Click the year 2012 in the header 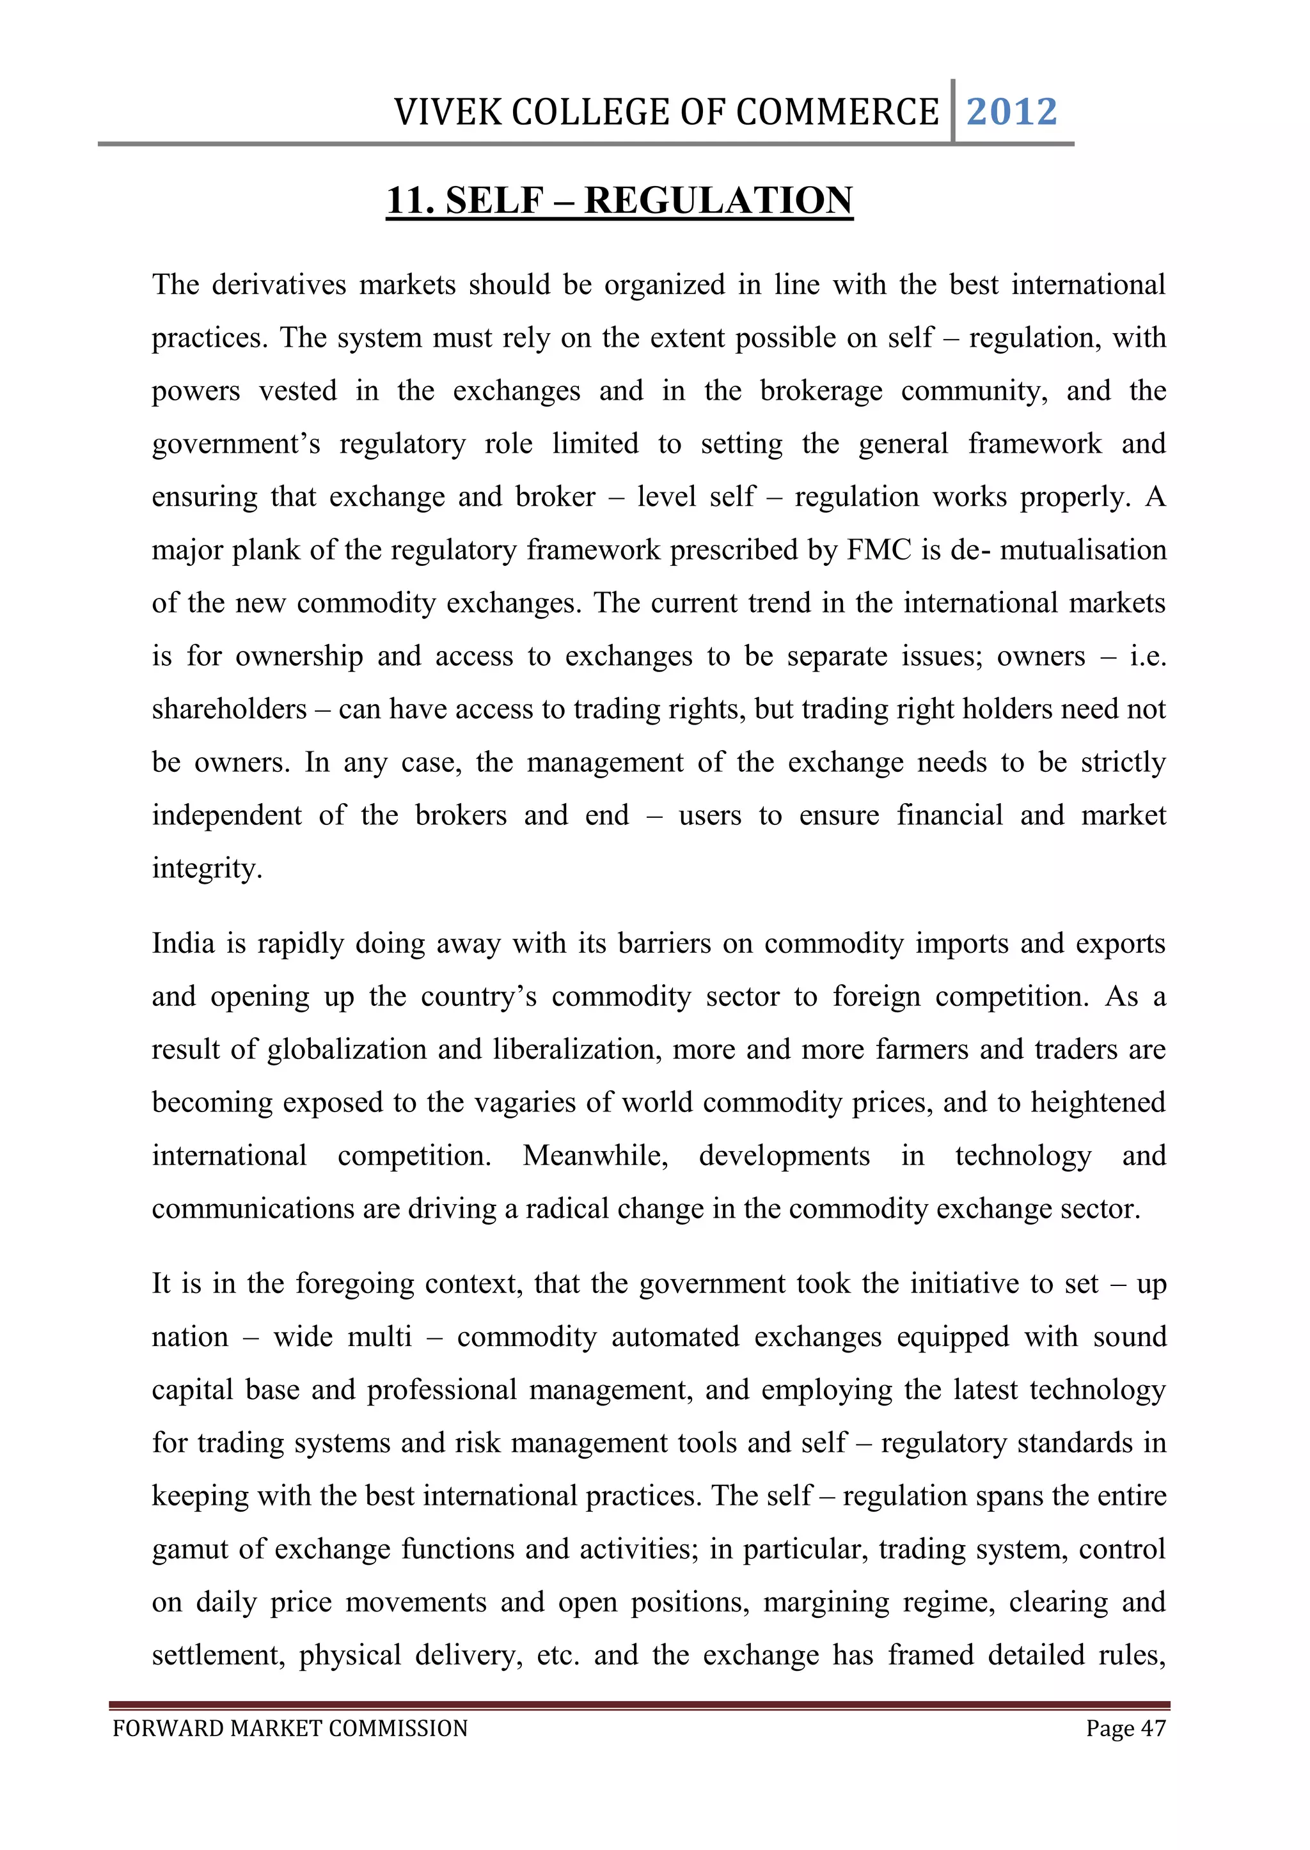coord(1011,111)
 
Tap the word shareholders coord(229,709)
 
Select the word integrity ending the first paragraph coord(207,868)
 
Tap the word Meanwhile coord(596,1156)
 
